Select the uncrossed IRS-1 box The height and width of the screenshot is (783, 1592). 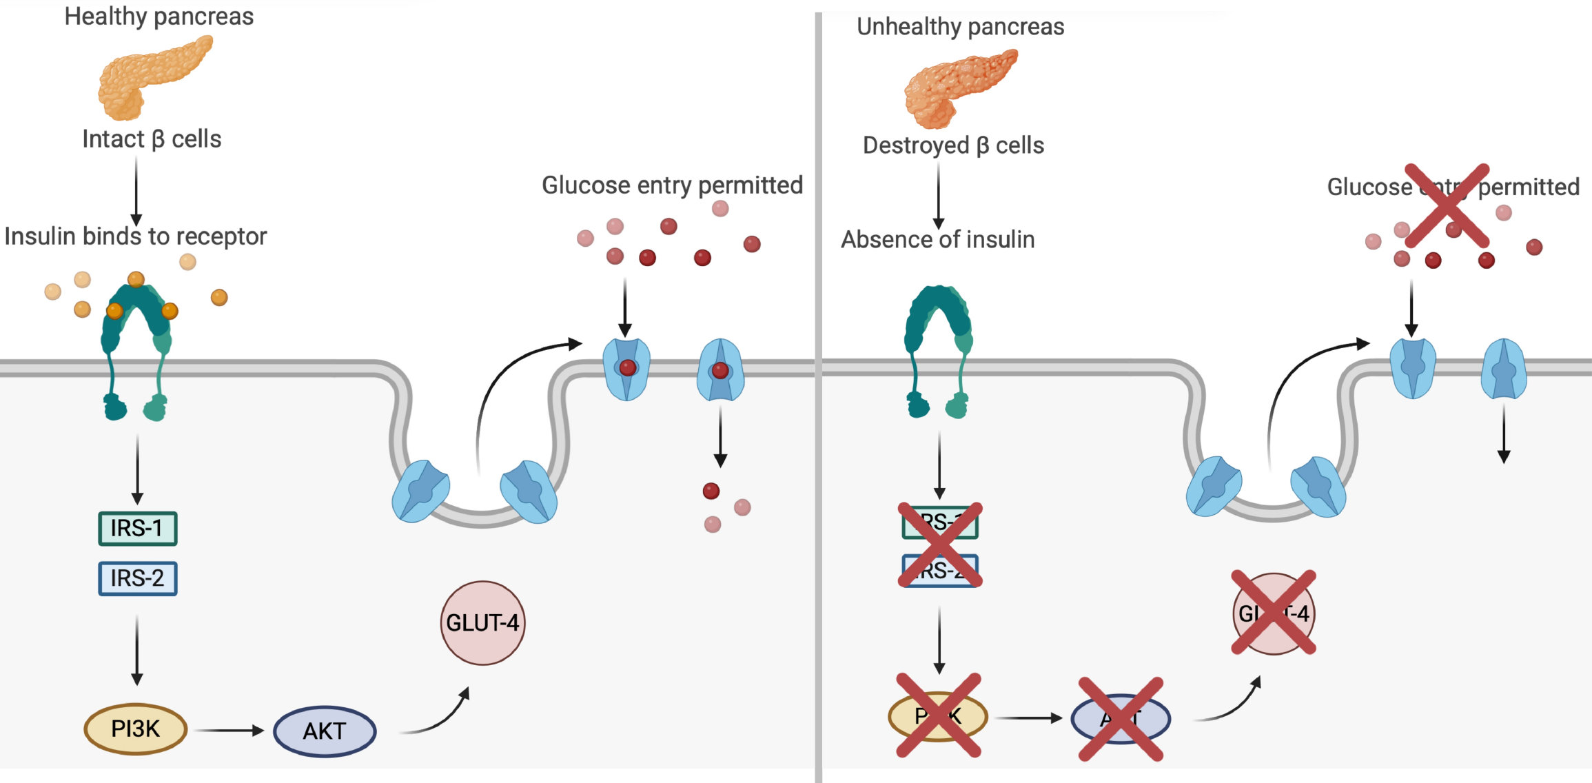coord(138,529)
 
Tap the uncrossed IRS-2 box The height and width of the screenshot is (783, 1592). coord(138,578)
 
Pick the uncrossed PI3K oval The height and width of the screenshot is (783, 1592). coord(136,729)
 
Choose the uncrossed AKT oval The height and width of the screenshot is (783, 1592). coord(325,731)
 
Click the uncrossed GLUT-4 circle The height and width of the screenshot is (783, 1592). coord(482,623)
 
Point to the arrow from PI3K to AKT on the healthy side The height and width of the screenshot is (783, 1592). coord(229,731)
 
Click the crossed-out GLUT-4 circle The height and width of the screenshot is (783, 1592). coord(1274,613)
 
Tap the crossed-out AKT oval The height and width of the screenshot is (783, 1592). coord(1121,719)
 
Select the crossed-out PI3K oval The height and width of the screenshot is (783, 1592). coord(938,716)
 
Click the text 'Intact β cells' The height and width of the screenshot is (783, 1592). coord(152,139)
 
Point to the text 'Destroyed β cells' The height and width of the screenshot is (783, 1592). coord(953,145)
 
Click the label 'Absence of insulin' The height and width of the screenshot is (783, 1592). coord(937,240)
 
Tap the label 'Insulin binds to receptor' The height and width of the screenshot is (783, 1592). coord(135,236)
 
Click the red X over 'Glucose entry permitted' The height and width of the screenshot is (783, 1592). coord(1447,205)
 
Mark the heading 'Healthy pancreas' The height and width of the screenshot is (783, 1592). coord(159,17)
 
